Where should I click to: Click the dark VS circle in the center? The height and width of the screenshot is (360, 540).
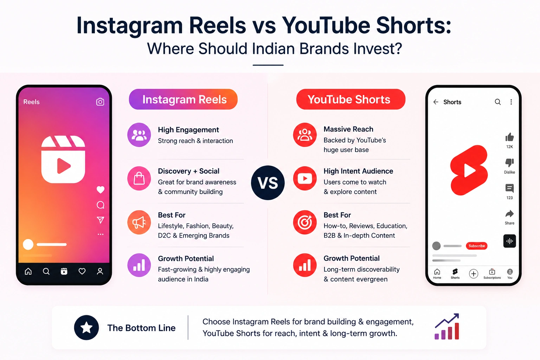tap(268, 182)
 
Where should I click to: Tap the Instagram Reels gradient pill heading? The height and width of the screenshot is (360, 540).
tap(183, 99)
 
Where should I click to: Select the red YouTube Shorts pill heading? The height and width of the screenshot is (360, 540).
tap(351, 99)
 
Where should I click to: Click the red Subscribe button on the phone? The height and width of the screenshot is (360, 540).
tap(477, 246)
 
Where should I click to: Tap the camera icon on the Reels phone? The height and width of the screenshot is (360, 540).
tap(100, 102)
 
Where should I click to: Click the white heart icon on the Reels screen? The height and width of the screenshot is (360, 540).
tap(101, 190)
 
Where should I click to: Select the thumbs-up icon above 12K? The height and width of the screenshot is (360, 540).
tap(509, 137)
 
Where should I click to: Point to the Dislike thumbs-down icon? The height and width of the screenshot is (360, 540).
tap(509, 163)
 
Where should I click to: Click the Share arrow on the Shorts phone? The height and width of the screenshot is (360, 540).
tap(509, 214)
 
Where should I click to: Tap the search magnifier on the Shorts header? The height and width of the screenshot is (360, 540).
tap(498, 102)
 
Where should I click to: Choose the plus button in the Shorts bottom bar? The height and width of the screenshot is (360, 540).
tap(474, 274)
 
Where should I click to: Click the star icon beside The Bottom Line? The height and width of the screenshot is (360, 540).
tap(86, 327)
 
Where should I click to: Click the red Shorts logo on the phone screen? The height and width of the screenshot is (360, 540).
tap(469, 170)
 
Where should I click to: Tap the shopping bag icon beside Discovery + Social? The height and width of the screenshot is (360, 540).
tap(139, 179)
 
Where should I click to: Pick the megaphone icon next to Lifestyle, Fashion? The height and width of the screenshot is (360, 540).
tap(139, 222)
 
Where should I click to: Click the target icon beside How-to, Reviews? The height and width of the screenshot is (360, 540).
tap(305, 222)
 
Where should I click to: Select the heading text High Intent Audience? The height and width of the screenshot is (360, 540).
tap(358, 171)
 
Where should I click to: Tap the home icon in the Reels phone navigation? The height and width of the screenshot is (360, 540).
tap(28, 271)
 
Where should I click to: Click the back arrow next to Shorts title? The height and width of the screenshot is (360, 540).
tap(436, 102)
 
